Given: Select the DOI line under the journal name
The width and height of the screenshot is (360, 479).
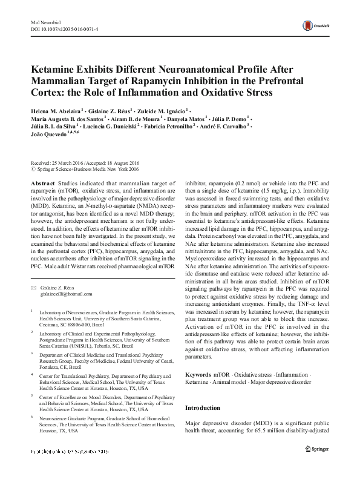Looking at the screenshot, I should [x=68, y=28].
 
